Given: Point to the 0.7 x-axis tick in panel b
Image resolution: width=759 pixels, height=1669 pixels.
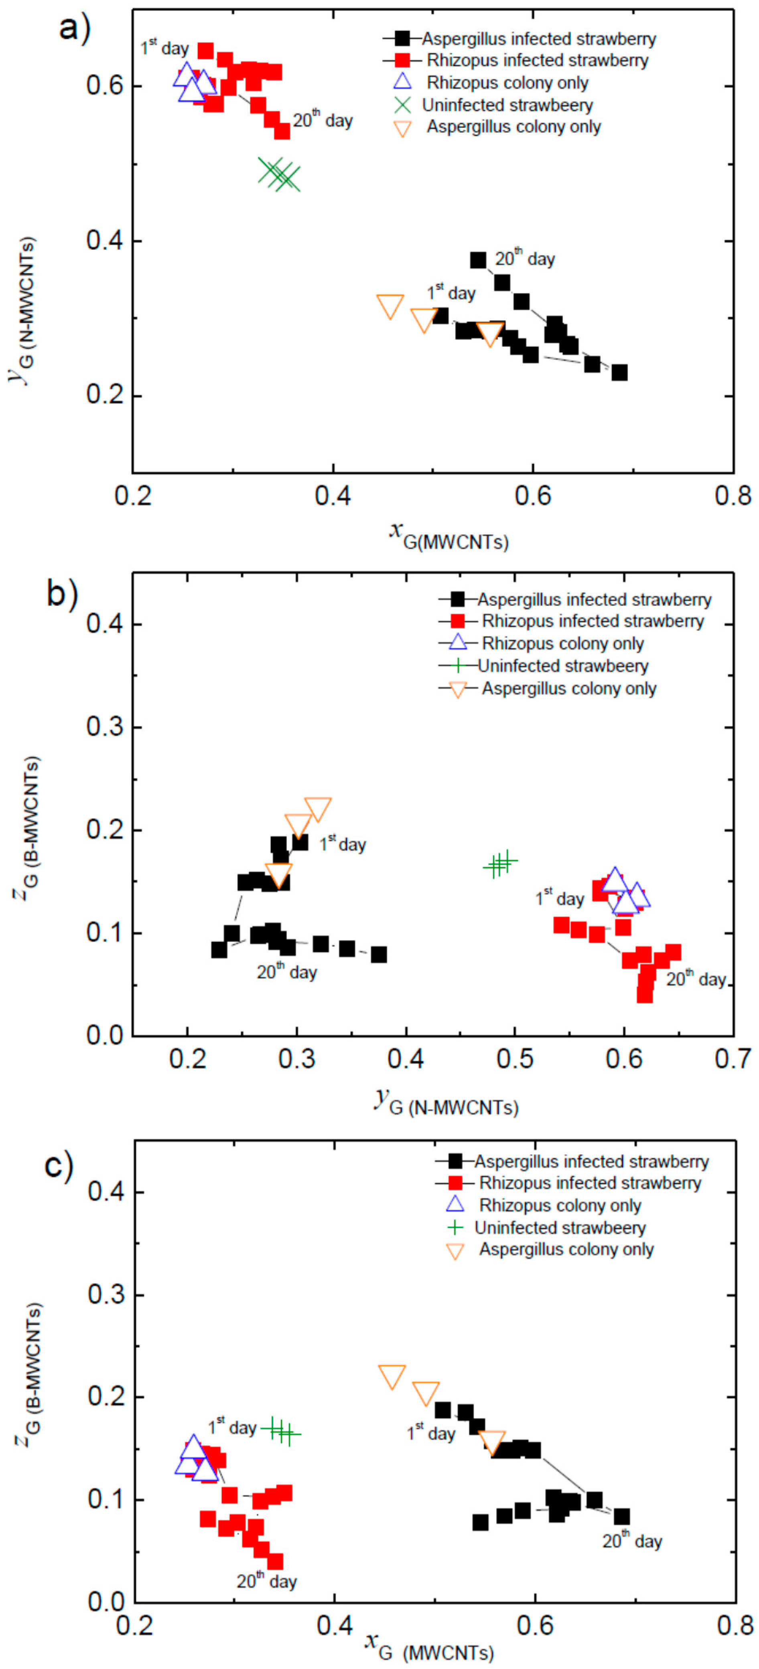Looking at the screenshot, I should [x=733, y=1059].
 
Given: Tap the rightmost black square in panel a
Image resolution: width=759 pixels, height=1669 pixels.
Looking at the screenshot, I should [x=620, y=372].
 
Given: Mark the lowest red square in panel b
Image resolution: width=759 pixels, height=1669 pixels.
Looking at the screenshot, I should [x=644, y=995].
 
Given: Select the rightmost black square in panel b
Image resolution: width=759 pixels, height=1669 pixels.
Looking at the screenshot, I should [x=379, y=954].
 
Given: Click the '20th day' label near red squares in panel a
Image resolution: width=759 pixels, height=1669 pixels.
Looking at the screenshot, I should [x=322, y=120].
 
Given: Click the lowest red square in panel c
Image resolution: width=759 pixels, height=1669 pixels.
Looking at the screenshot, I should [x=275, y=1561].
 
